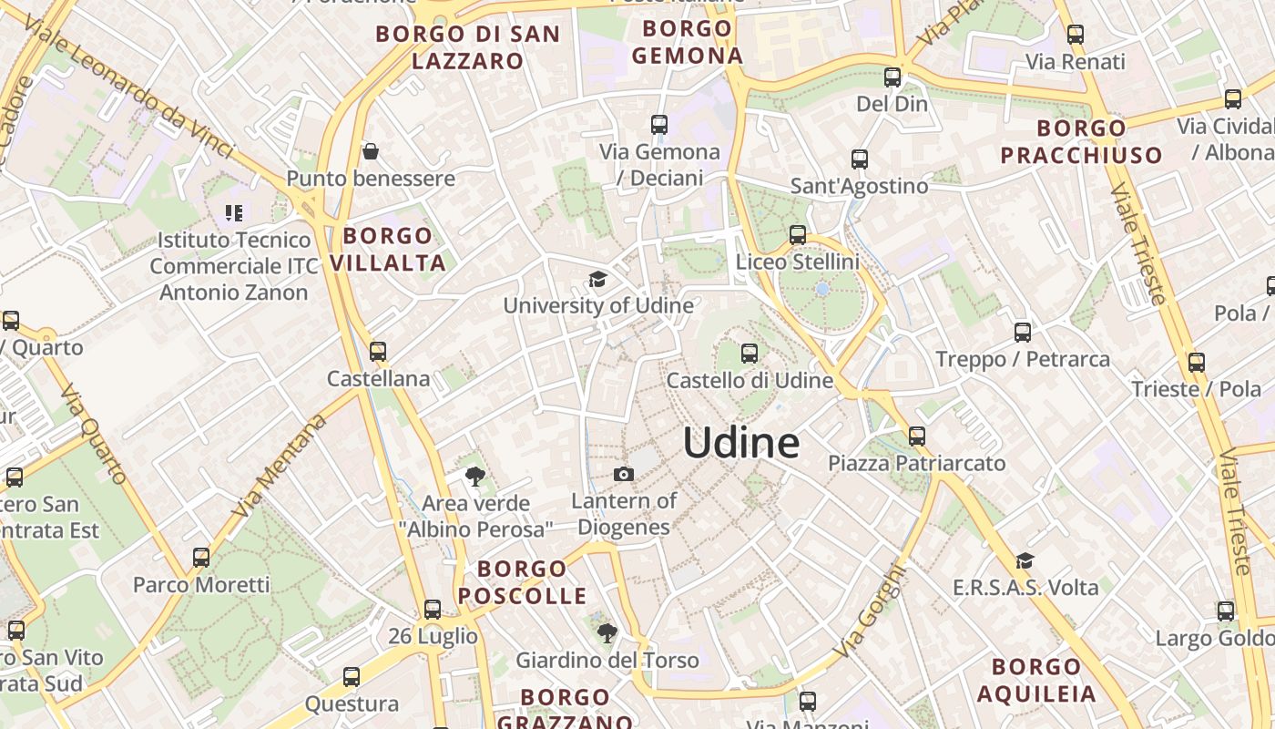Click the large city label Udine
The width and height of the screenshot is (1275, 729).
[740, 443]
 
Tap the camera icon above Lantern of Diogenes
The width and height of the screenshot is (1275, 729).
[624, 474]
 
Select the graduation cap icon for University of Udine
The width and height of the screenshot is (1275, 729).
[597, 279]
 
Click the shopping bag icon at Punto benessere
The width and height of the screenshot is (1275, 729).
[371, 151]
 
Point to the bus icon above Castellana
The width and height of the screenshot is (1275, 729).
[378, 351]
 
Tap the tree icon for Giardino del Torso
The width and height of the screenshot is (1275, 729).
[607, 632]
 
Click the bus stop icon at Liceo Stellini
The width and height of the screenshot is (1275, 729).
[798, 235]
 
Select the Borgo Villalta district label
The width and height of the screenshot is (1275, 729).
[388, 250]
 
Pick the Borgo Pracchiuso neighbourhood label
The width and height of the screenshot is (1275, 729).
[1081, 141]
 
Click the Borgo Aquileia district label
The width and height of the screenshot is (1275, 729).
[1036, 680]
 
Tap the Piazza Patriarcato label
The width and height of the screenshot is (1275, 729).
[916, 463]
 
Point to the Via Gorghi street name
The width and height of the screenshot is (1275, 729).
[871, 611]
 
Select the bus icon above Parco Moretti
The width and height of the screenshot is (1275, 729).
[201, 557]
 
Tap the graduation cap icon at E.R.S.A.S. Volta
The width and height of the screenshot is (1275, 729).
[1025, 560]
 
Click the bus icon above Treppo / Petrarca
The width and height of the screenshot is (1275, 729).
[1023, 333]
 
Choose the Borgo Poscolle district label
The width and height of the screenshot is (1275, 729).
[522, 582]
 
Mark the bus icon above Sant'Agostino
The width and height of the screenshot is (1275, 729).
[859, 159]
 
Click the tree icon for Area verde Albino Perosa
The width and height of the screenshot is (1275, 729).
[474, 476]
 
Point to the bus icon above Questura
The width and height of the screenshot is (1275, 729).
[352, 677]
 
